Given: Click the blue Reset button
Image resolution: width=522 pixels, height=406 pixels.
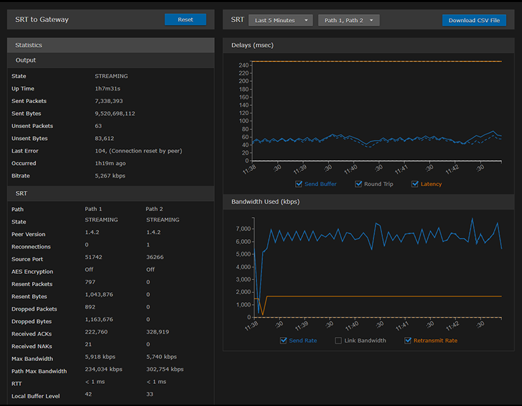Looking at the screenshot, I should [x=185, y=20].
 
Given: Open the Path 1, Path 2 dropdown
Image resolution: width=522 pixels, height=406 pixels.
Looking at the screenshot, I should [x=349, y=20].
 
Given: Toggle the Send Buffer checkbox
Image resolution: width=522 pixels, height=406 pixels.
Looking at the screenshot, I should [x=298, y=184].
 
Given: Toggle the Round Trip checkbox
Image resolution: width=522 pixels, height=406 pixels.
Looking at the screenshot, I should [x=359, y=184].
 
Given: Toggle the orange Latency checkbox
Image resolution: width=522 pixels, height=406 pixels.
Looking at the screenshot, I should [x=415, y=184].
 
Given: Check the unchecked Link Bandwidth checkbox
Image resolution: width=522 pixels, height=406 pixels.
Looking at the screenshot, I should [x=339, y=341].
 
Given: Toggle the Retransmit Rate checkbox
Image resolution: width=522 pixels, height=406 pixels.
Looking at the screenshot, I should [x=408, y=341].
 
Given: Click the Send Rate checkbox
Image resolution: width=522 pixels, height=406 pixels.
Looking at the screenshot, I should [x=284, y=341].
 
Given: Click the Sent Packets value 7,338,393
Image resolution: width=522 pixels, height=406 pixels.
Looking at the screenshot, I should [x=108, y=101].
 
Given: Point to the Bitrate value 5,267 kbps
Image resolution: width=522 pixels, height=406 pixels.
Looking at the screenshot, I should [x=110, y=176].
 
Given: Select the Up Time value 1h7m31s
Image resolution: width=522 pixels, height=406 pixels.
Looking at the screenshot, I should [x=107, y=88].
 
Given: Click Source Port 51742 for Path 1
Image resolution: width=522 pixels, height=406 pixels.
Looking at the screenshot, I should [x=94, y=259].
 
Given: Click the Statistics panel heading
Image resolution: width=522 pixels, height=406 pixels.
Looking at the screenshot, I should [x=29, y=46].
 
